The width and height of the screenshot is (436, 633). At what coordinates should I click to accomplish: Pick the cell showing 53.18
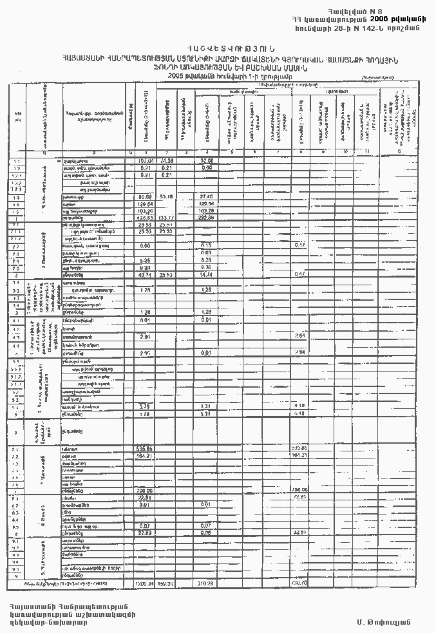coord(166,196)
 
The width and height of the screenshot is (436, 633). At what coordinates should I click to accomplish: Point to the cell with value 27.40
coord(207,196)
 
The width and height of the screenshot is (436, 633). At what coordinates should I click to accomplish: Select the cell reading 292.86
coord(207,218)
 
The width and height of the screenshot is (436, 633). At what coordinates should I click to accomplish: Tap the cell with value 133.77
coord(166,218)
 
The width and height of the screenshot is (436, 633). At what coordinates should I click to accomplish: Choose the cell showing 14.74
coord(207,274)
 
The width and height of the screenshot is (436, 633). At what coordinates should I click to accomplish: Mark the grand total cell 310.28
coord(207,583)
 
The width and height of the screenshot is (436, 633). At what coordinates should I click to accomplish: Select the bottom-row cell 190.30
coord(166,583)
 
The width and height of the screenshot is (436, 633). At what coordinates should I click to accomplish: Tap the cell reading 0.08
coord(207,533)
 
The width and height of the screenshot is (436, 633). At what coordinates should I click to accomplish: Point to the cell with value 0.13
coord(207,246)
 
